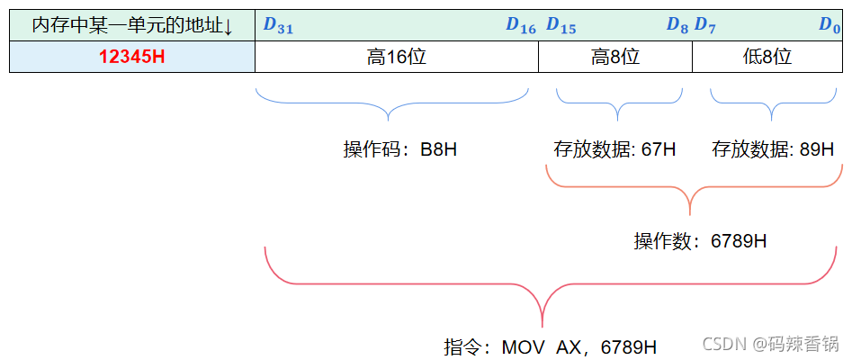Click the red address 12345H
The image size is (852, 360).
[x=131, y=57]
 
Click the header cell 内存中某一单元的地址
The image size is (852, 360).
[x=131, y=26]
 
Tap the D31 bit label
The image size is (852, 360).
[x=278, y=26]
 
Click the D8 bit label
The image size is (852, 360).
[x=677, y=26]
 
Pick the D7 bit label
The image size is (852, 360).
[x=705, y=26]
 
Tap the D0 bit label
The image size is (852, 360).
[x=829, y=26]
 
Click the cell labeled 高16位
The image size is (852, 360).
[x=397, y=57]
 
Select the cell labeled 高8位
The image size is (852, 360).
[x=615, y=57]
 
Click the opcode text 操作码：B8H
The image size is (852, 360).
[x=400, y=149]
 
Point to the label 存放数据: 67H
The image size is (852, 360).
[x=615, y=149]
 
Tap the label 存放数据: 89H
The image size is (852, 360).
[x=773, y=149]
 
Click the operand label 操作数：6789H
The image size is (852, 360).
[x=701, y=241]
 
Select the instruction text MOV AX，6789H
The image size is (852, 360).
[x=551, y=346]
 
